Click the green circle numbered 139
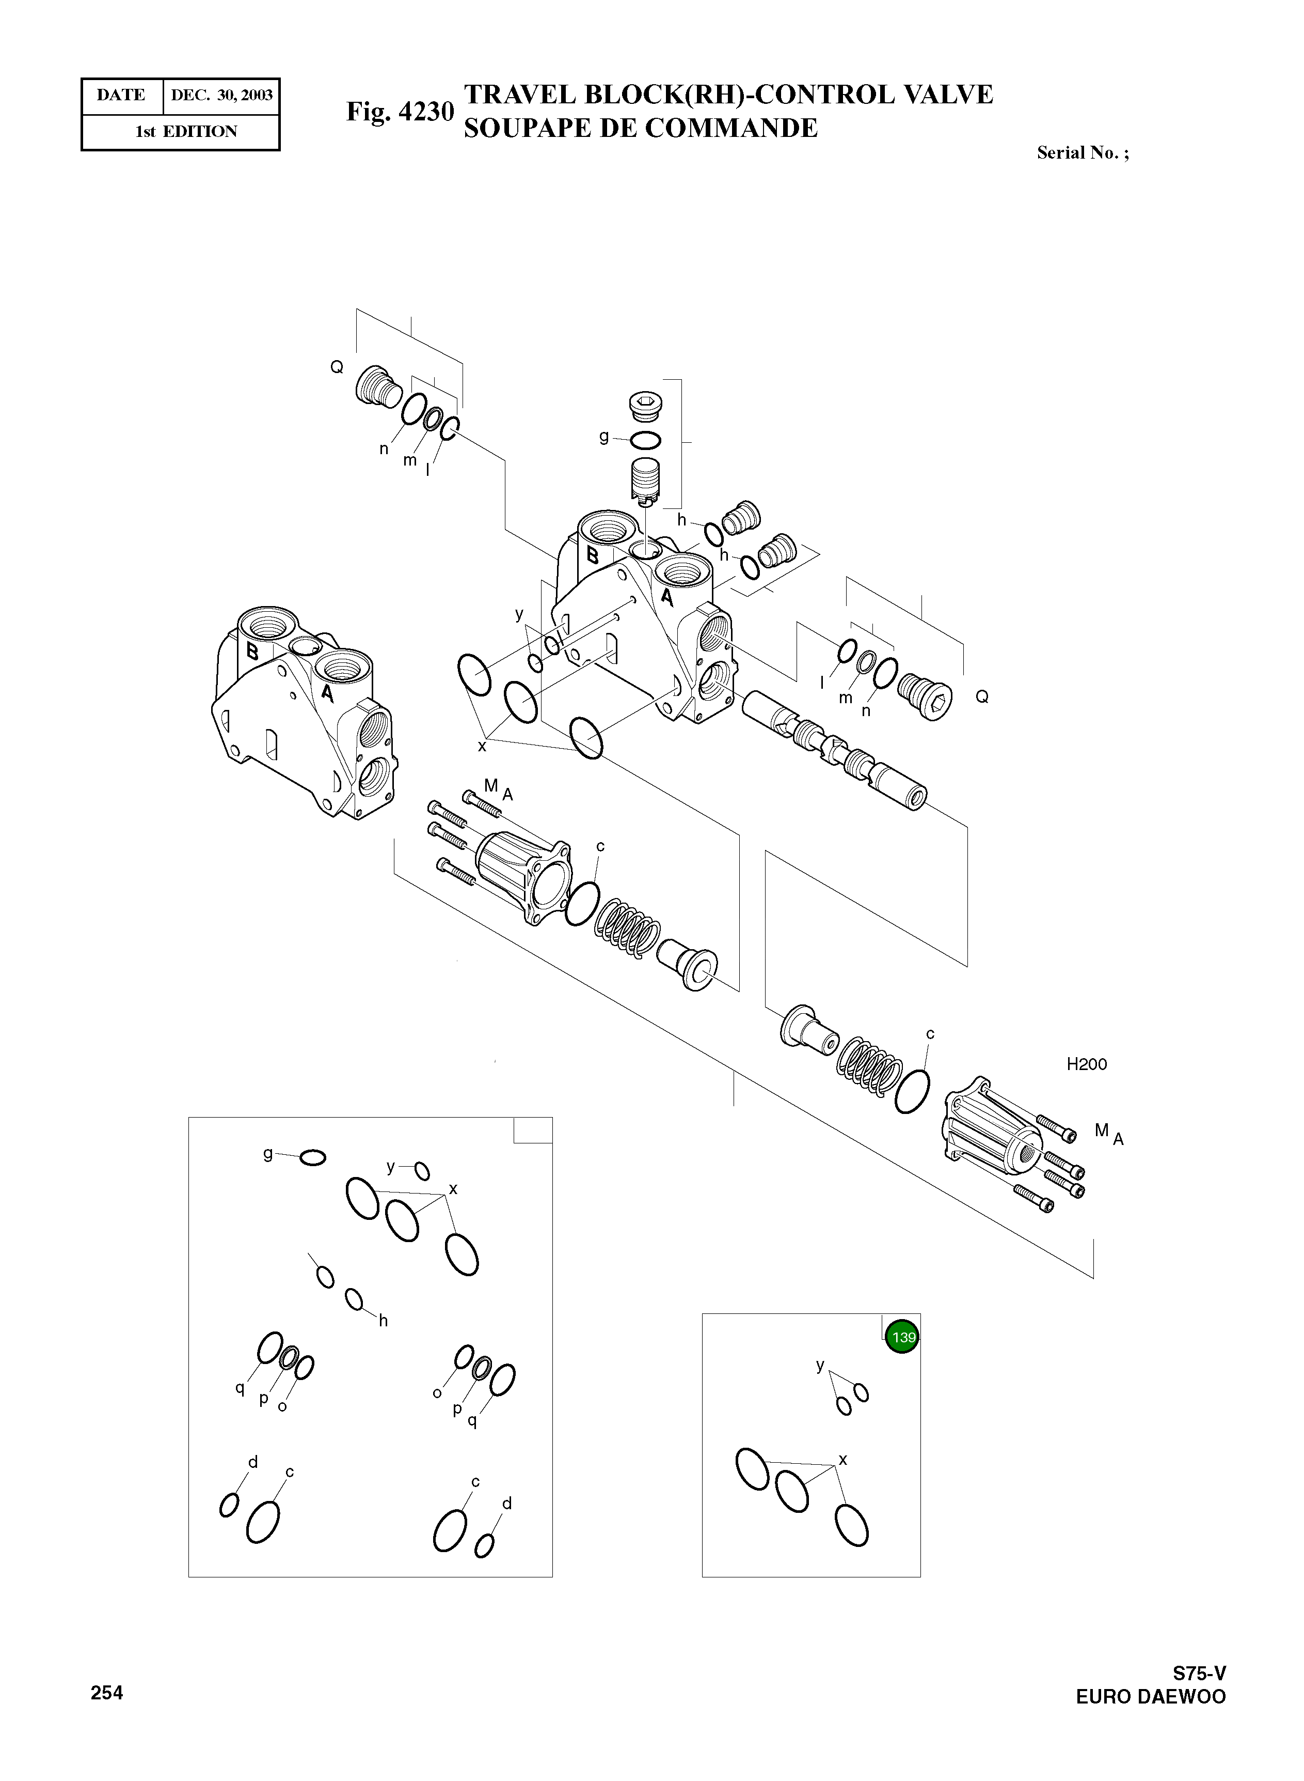click(x=902, y=1337)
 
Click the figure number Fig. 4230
click(x=400, y=112)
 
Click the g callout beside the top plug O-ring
click(x=604, y=437)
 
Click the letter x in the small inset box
click(x=843, y=1460)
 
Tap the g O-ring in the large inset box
click(x=313, y=1158)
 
